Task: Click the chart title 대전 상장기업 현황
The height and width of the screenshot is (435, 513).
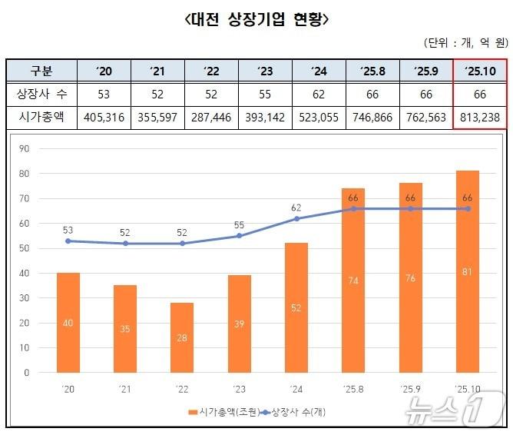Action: tap(256, 19)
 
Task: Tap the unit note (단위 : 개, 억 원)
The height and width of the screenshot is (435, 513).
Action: tap(465, 42)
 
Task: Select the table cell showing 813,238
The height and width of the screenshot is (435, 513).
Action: tap(480, 118)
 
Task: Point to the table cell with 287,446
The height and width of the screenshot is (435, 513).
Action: tap(212, 118)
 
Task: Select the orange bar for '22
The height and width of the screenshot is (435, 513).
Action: tap(182, 338)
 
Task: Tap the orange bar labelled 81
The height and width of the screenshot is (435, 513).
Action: tap(467, 271)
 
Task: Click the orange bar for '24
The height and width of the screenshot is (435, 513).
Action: tap(296, 307)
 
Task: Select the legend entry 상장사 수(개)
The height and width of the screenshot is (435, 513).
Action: tap(295, 412)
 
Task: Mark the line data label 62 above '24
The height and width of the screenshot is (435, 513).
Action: tap(296, 207)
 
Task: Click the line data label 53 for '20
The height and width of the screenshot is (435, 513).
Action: tap(68, 229)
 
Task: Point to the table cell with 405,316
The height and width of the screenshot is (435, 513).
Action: tap(105, 118)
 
